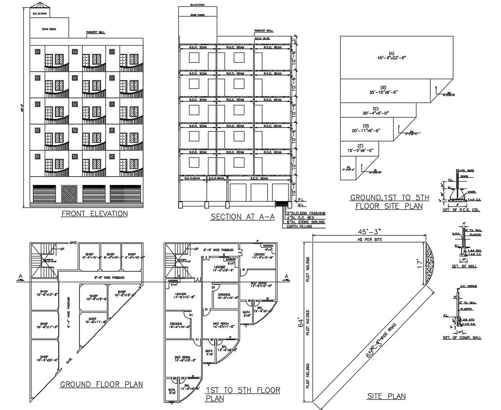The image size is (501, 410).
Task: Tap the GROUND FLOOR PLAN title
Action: click(101, 385)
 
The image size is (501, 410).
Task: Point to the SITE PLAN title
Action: click(386, 396)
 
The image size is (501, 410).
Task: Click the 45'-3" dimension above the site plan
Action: click(370, 233)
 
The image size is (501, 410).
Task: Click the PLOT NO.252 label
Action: click(308, 376)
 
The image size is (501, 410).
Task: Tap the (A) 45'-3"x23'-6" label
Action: click(391, 55)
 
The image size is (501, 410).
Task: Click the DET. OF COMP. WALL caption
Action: click(462, 337)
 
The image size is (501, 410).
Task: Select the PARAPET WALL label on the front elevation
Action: click(95, 33)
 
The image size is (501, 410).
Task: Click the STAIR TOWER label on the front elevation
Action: click(49, 29)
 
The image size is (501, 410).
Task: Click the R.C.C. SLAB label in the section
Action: click(262, 38)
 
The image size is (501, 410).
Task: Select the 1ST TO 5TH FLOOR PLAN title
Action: click(242, 394)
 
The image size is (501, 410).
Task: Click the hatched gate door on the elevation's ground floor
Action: click(70, 194)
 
